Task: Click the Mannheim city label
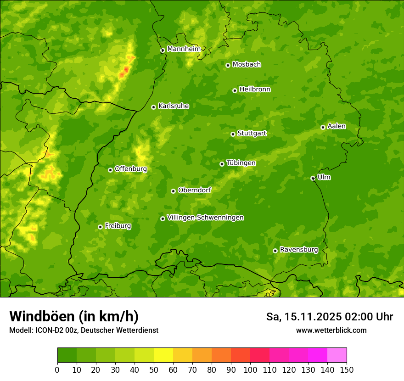[x=184, y=49]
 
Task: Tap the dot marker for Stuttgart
[x=233, y=134]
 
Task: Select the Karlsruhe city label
[x=173, y=106]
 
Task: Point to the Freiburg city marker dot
[x=100, y=227]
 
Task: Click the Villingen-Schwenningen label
[x=205, y=218]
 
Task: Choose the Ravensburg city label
[x=298, y=250]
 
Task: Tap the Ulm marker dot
[x=313, y=178]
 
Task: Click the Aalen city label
[x=337, y=126]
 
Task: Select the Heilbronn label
[x=255, y=90]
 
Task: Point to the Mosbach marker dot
[x=228, y=65]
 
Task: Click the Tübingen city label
[x=241, y=163]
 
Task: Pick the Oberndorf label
[x=194, y=190]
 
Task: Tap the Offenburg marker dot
[x=110, y=170]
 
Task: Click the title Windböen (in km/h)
[x=74, y=316]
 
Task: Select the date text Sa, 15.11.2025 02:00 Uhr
[x=329, y=317]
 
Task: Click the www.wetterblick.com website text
[x=331, y=330]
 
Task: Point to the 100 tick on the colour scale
[x=250, y=370]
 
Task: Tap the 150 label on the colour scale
[x=347, y=370]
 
